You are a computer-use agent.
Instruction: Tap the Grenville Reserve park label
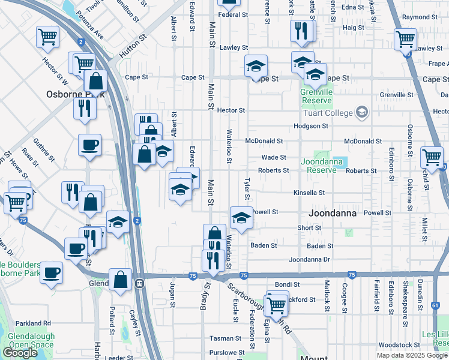tap(316, 94)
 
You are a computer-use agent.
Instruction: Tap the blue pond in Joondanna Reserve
tap(340, 161)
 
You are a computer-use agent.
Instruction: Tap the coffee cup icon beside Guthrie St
tap(89, 145)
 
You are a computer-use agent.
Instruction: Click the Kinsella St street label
tap(309, 193)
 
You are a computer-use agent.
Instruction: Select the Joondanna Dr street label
tap(309, 260)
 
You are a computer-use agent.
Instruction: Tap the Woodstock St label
tap(400, 345)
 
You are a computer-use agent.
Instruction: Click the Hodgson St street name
tap(310, 126)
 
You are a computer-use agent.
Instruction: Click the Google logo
tap(20, 353)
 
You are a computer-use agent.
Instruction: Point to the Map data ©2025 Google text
tap(411, 355)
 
